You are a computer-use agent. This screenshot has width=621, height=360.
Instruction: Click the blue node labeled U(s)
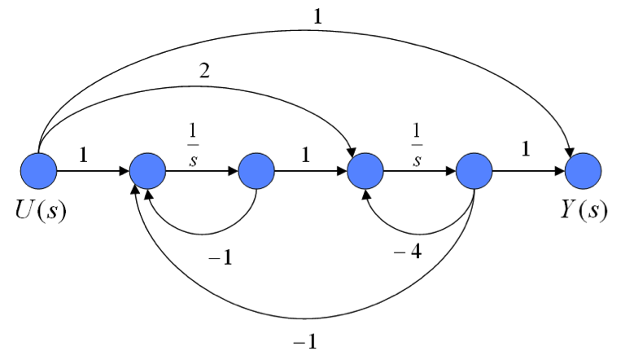point(39,172)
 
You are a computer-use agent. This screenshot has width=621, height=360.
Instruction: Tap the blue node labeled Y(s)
point(584,172)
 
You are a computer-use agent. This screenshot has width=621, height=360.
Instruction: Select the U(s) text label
point(39,210)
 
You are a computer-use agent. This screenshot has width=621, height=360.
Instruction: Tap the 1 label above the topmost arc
point(317,15)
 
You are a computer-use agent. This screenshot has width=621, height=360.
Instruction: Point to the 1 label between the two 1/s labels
point(305,153)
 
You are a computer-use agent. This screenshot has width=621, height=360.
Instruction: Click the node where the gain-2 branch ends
point(365,172)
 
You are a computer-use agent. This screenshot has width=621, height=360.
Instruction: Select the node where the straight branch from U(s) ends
point(147,172)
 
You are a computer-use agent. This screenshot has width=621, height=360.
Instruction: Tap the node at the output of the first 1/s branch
point(257,172)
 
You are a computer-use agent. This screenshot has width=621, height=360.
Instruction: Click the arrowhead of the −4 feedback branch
point(367,195)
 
